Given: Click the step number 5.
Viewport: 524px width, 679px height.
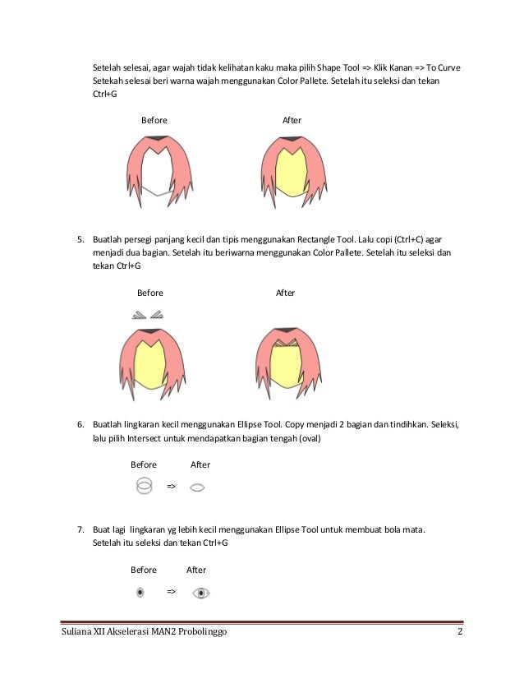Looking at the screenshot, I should [81, 240].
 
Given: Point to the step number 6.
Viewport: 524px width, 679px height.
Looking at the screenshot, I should [81, 424].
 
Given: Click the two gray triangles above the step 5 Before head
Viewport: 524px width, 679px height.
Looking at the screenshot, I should [148, 313].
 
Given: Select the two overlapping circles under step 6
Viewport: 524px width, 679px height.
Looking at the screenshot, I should [145, 486].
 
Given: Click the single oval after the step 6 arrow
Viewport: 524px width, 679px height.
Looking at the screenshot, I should [196, 487].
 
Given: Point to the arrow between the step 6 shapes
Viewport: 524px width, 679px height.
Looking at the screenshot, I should [171, 487].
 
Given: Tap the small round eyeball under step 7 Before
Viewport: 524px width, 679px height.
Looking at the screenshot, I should [140, 592].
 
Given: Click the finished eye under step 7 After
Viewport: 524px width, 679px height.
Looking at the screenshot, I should [200, 592].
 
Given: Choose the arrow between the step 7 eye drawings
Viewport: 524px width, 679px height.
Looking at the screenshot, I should [171, 591].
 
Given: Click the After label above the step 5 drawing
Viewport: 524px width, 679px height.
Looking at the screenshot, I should [285, 293].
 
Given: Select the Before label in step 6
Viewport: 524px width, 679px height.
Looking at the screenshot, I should [144, 464].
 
